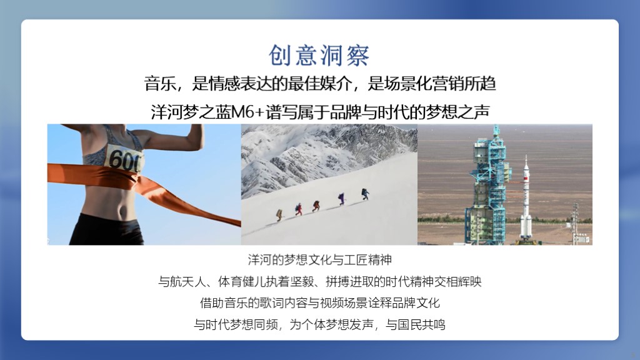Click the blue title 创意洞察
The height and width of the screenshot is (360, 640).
click(319, 55)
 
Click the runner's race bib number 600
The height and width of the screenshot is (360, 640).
click(124, 159)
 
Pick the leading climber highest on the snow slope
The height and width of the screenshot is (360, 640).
click(365, 194)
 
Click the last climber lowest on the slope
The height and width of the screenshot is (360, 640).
click(279, 215)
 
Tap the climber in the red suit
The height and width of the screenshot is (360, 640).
click(299, 209)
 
